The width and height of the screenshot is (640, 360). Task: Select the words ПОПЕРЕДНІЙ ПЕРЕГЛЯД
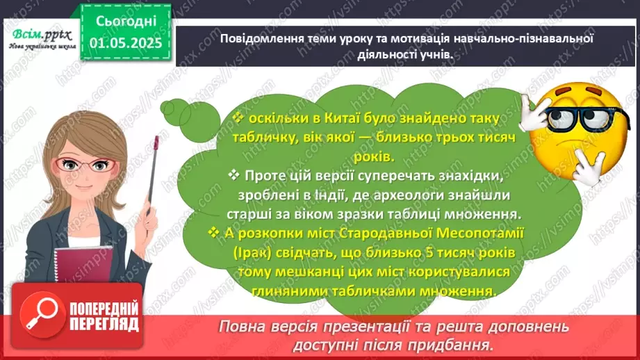point(102,314)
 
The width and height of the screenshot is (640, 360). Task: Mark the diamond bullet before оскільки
point(238,116)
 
